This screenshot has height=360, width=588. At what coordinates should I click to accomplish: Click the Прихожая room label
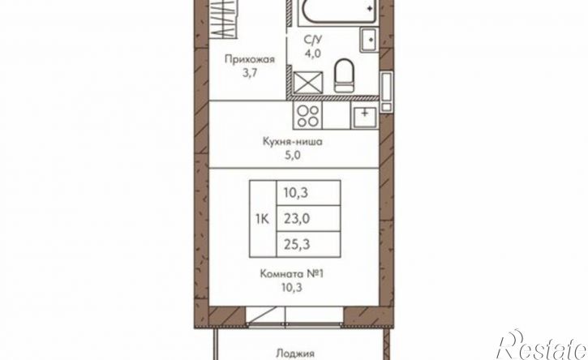tap(249, 60)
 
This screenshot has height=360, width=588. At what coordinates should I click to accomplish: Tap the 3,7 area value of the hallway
tap(249, 73)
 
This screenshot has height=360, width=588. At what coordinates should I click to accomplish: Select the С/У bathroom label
tap(312, 39)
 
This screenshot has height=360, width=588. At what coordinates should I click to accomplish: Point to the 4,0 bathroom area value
tap(312, 54)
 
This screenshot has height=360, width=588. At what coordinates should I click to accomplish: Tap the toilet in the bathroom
tap(344, 75)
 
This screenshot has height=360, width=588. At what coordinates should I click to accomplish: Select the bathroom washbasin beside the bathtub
tap(370, 39)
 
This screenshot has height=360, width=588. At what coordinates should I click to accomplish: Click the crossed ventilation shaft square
tap(308, 83)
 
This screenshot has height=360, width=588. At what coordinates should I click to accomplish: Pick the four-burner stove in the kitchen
tap(307, 116)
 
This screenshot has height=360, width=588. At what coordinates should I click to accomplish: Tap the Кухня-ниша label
tap(293, 142)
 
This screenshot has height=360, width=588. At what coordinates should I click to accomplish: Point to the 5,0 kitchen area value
tap(293, 156)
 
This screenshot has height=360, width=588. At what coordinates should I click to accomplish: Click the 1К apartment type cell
tap(263, 219)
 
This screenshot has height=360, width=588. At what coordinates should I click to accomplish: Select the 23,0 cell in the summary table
tap(308, 218)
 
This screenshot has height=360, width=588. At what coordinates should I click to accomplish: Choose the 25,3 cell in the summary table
tap(308, 245)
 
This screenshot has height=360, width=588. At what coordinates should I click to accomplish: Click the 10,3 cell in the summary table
tap(308, 193)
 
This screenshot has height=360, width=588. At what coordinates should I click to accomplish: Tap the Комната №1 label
tap(292, 274)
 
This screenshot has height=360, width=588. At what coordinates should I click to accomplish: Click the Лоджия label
tap(294, 354)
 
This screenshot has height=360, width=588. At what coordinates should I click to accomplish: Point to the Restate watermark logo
tap(542, 345)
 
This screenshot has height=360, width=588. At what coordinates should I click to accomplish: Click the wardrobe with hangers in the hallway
tap(222, 19)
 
